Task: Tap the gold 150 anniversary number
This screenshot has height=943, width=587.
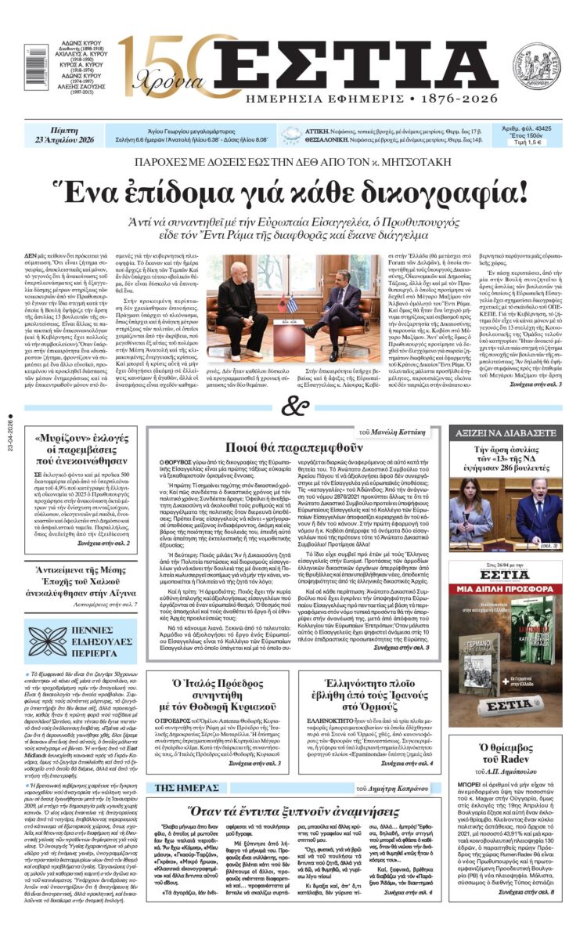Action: pos(160,60)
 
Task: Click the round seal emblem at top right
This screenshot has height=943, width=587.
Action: pos(536,64)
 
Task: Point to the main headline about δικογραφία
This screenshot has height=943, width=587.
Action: pos(293,191)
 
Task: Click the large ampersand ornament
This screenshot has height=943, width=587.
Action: pos(293,407)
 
